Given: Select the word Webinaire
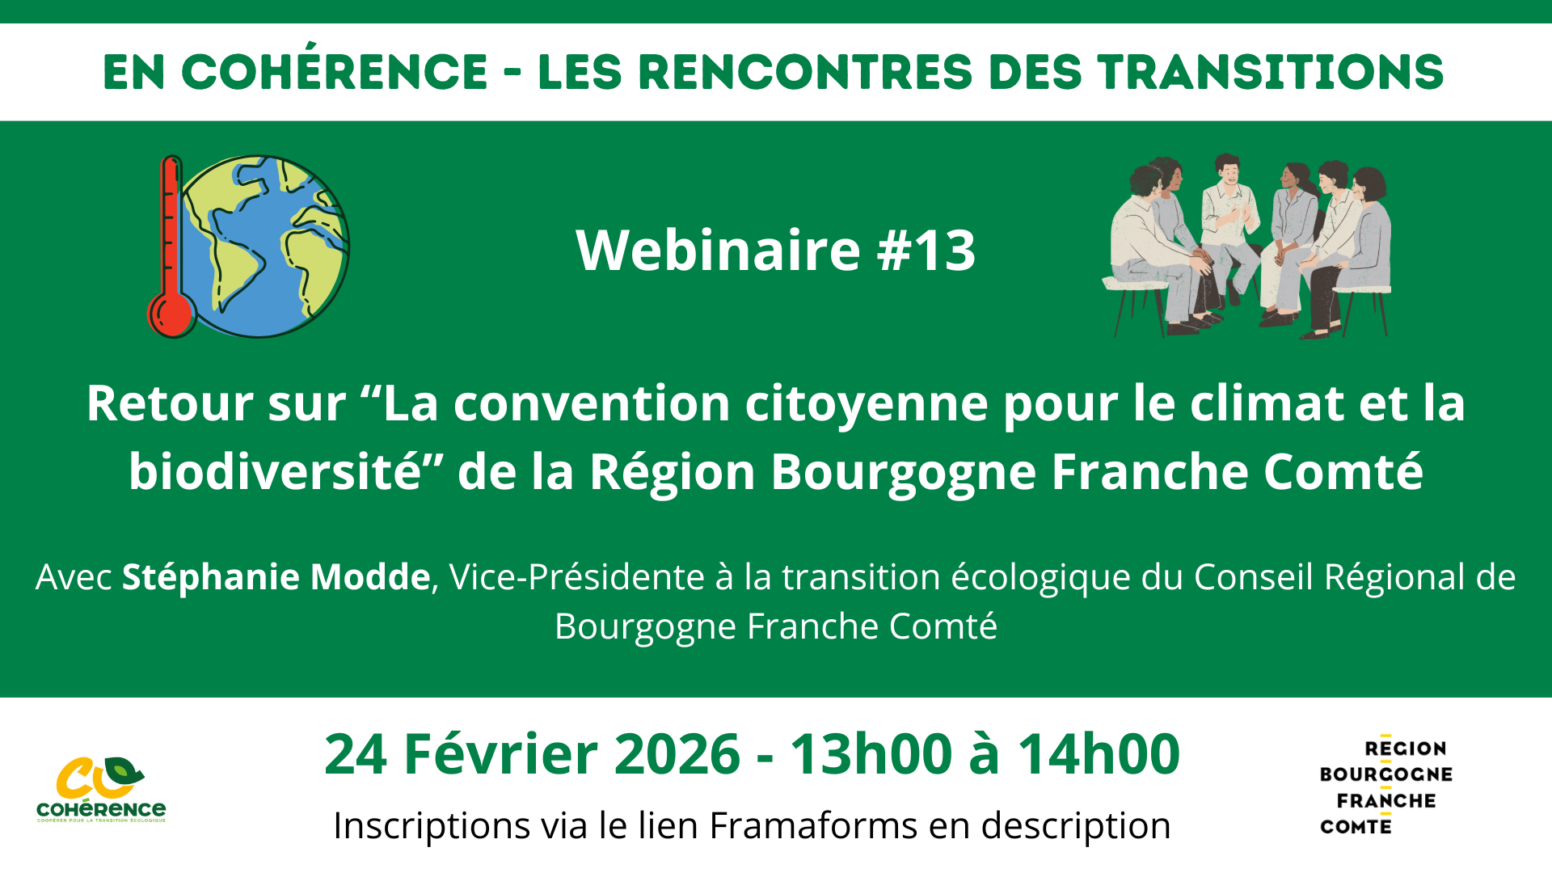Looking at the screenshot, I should [x=718, y=251].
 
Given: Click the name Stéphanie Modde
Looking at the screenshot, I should [x=276, y=577].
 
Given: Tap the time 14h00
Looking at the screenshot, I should [x=1099, y=754].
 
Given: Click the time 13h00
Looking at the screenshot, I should [x=871, y=754].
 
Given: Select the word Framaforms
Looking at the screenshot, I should [x=813, y=826].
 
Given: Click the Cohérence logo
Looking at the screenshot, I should [x=101, y=789].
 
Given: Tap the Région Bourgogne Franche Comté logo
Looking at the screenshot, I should [x=1385, y=787].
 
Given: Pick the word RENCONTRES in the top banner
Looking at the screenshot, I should [x=804, y=72].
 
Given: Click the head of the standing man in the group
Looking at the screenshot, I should [x=1228, y=167].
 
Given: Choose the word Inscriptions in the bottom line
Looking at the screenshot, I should [x=432, y=826].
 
